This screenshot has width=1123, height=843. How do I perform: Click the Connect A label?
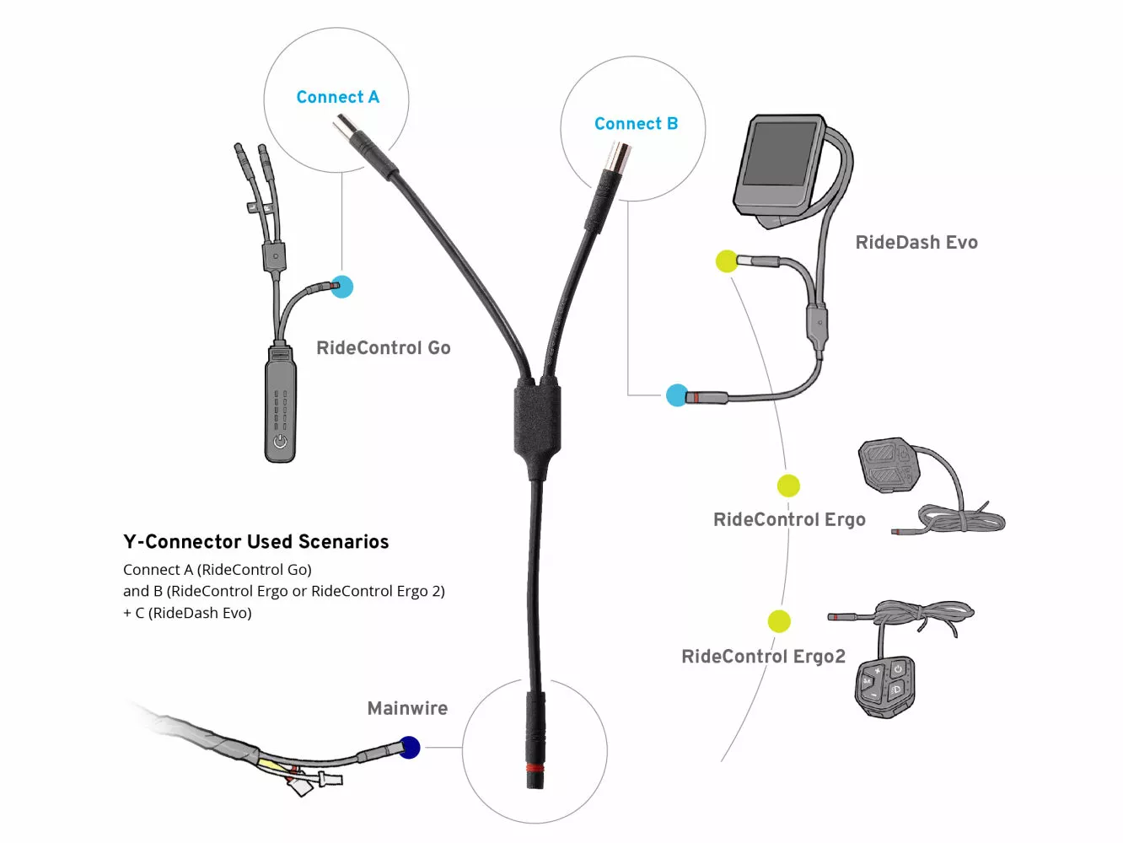[x=337, y=97]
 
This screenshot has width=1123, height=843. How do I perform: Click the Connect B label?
[x=636, y=124]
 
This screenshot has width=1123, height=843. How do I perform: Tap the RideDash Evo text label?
[x=916, y=243]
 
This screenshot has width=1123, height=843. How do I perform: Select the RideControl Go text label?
[x=383, y=348]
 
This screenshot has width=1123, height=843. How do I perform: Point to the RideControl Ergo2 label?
[x=763, y=657]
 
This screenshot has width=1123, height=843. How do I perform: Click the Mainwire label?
[x=407, y=709]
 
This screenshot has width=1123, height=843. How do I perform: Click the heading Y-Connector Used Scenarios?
[x=255, y=542]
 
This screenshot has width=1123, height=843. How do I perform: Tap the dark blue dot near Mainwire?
[x=410, y=747]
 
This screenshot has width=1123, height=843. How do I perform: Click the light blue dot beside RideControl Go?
[x=341, y=287]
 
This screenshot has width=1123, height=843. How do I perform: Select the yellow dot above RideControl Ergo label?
[x=788, y=486]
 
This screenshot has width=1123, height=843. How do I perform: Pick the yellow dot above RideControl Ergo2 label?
[x=779, y=621]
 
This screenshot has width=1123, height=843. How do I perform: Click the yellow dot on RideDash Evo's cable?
[x=726, y=261]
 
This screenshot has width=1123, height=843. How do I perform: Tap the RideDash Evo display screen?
[x=780, y=154]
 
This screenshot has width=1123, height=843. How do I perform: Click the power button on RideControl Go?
[x=281, y=442]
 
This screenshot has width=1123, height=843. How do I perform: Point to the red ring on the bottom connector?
[x=535, y=767]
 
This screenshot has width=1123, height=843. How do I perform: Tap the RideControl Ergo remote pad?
[x=889, y=464]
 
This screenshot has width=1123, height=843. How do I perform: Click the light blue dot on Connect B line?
[x=677, y=395]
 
